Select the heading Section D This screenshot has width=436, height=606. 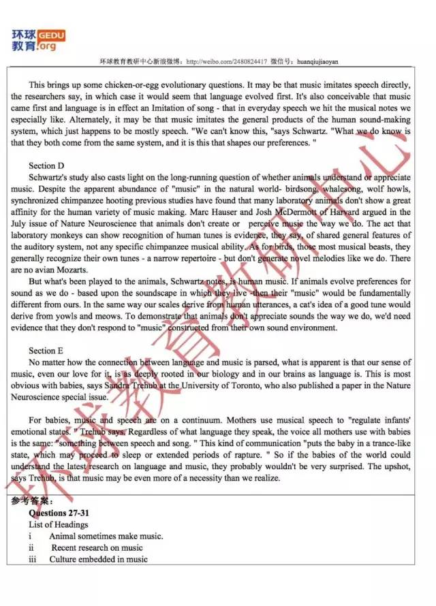46,165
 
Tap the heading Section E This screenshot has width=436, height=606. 46,351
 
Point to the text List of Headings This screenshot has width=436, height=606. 59,524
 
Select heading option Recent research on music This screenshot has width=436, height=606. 97,547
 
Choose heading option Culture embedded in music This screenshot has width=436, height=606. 98,559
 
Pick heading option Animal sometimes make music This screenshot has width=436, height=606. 106,536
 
